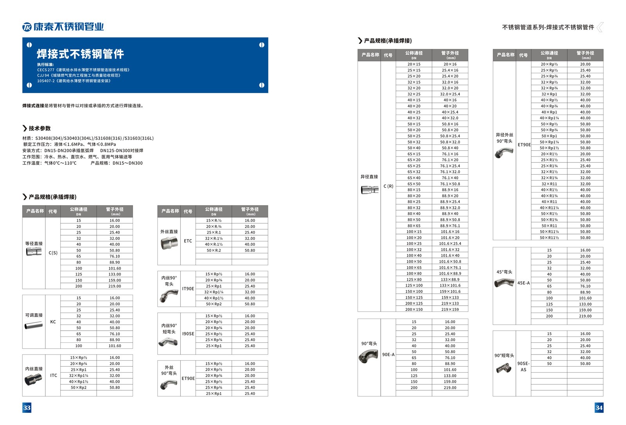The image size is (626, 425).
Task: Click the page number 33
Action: (27, 407)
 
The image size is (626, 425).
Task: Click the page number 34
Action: (599, 407)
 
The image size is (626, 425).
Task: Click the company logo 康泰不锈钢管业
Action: (63, 27)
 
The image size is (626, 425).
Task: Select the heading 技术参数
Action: (40, 128)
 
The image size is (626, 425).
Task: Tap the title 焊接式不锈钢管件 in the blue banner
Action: (80, 54)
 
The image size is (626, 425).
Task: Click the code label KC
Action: (53, 322)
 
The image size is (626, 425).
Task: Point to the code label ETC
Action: (188, 241)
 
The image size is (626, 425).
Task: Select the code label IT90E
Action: (188, 289)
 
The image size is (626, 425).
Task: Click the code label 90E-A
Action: (388, 355)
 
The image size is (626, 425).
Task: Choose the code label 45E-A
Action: (523, 283)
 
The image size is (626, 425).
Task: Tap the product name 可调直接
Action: (34, 315)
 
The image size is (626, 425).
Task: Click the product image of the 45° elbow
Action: (504, 282)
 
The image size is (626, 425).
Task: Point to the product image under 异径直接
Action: (369, 190)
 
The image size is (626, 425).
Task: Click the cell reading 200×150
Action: (414, 310)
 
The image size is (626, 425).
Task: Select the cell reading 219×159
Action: (450, 310)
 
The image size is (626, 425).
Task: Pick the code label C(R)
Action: (388, 186)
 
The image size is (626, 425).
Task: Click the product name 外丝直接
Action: (169, 232)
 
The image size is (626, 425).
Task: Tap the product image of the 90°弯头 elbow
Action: (368, 355)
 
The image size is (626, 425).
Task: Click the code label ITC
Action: (54, 375)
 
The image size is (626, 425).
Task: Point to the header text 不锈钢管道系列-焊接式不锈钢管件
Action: (548, 27)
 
